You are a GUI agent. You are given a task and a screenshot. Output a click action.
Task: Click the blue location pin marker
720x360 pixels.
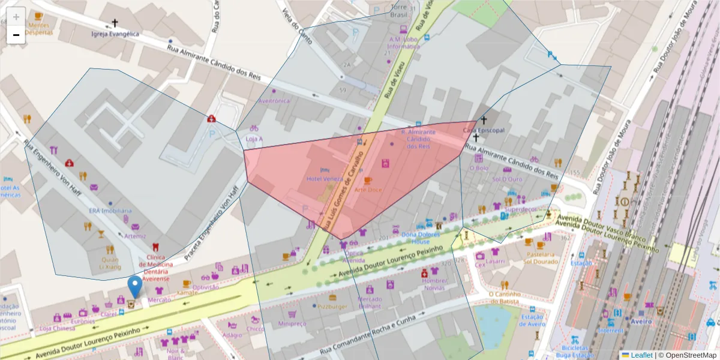click(x=136, y=286)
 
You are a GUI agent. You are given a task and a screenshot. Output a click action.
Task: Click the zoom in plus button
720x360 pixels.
click(x=16, y=17)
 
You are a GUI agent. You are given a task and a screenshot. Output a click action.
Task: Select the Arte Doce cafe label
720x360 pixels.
click(x=368, y=189)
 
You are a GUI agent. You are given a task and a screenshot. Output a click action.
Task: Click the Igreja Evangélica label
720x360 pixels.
click(x=115, y=34)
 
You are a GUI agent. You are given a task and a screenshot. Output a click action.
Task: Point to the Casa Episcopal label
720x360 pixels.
click(x=484, y=130)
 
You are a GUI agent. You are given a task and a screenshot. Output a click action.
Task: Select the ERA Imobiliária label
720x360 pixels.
click(x=110, y=211)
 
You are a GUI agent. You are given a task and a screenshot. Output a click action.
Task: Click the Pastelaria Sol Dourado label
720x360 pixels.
click(x=541, y=257)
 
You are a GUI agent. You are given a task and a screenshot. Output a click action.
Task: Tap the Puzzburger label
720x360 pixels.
click(x=332, y=306)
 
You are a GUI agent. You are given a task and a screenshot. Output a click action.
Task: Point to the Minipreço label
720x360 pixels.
click(x=292, y=323)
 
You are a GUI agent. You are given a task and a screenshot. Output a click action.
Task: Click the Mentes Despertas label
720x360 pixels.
click(x=38, y=28)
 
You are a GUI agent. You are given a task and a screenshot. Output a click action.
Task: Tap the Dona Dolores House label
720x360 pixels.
click(x=421, y=238)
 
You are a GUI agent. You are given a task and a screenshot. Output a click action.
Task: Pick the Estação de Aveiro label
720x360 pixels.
click(x=532, y=320)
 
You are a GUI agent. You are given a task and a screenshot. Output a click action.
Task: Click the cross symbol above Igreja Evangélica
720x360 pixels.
click(x=115, y=24)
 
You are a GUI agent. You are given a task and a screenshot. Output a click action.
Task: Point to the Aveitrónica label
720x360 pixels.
click(x=274, y=101)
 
